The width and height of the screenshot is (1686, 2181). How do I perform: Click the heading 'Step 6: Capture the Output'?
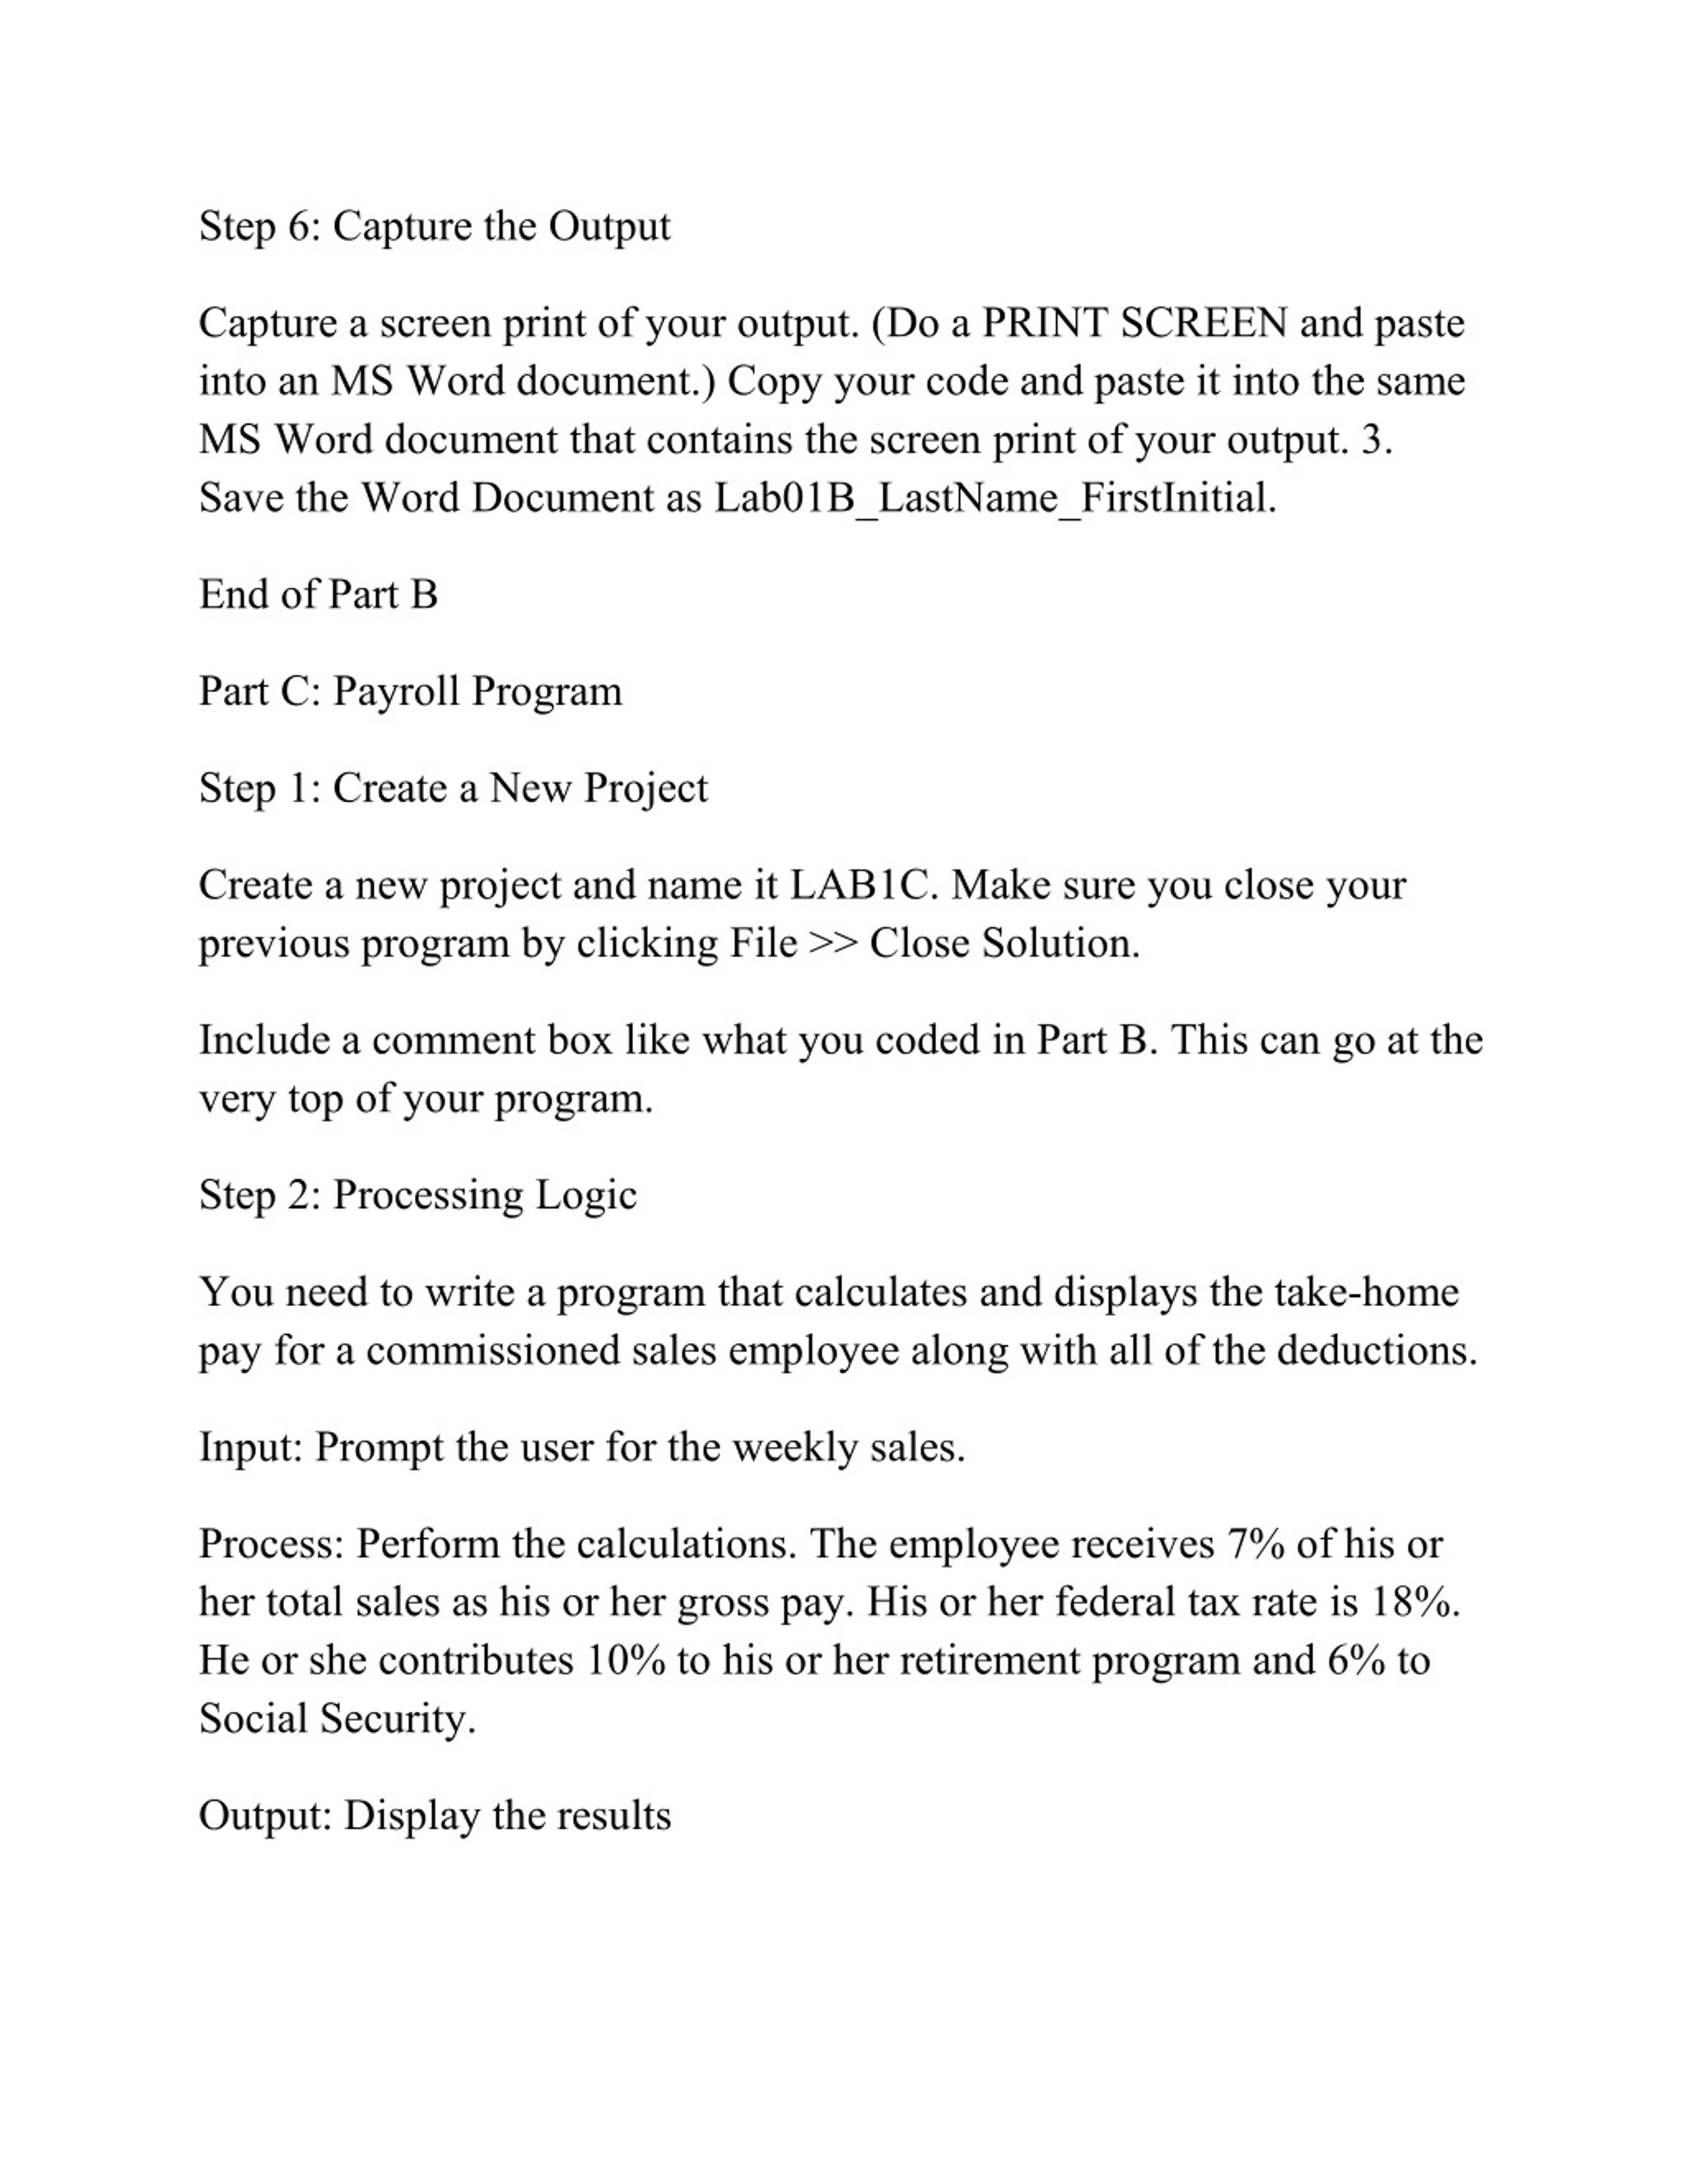pyautogui.click(x=435, y=226)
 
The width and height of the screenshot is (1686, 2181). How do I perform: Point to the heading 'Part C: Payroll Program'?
pyautogui.click(x=410, y=692)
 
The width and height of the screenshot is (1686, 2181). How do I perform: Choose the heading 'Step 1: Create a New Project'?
pyautogui.click(x=452, y=789)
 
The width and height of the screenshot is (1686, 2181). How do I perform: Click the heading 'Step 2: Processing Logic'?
pyautogui.click(x=418, y=1196)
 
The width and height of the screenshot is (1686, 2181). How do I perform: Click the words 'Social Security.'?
pyautogui.click(x=338, y=1719)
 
